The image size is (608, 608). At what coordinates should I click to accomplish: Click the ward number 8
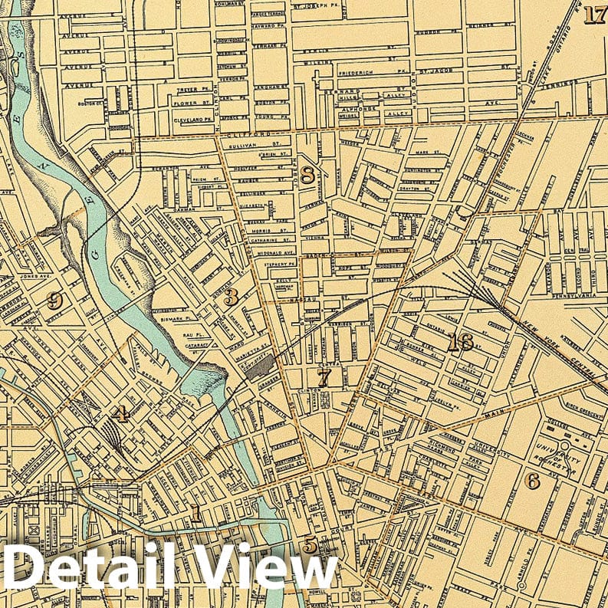pos(307,175)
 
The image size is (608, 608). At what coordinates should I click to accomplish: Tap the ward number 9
pos(54,300)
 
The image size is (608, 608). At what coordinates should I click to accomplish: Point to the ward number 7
pos(324,376)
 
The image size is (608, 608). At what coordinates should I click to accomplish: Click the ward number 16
pos(461,342)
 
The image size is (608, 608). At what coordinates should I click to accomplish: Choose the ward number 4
pos(120,415)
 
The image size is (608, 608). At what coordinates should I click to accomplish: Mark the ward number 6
pos(532,480)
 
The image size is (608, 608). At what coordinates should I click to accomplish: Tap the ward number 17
pos(594,15)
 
